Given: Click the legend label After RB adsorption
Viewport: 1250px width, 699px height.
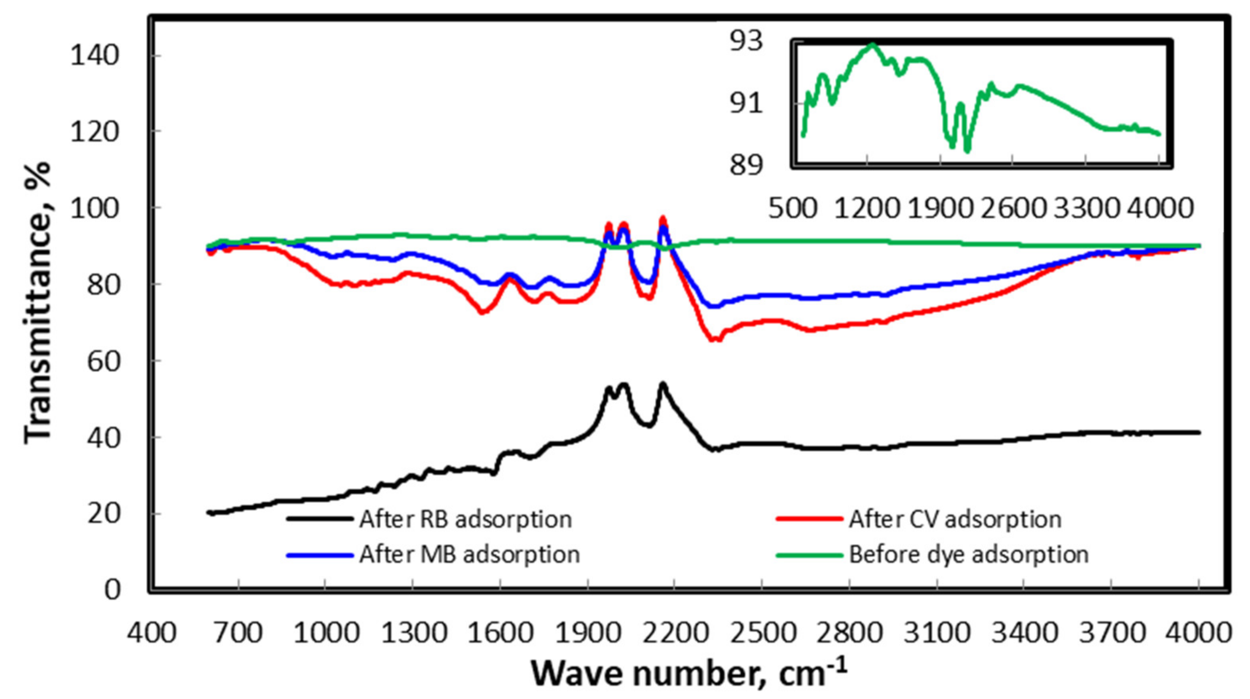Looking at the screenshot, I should (x=465, y=519).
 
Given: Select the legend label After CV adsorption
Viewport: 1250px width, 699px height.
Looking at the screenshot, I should (x=955, y=519).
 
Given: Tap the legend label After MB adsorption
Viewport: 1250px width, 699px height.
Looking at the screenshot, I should (x=469, y=554).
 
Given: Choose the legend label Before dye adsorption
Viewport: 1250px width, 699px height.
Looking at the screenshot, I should (x=969, y=554).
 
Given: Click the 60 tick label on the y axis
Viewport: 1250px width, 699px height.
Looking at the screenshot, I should (x=103, y=361).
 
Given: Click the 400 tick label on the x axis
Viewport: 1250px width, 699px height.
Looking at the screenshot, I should (x=152, y=634).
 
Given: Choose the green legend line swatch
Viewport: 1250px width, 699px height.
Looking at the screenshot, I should (x=809, y=554).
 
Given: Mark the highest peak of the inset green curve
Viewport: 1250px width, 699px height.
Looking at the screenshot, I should (x=872, y=44).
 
